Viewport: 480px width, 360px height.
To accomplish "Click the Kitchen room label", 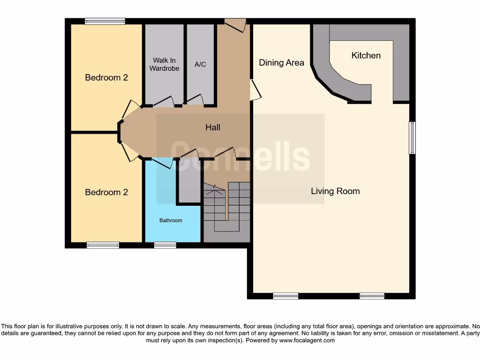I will coord(366,55).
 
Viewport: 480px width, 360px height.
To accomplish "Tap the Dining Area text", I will coord(281,62).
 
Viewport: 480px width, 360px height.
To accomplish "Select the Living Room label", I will coord(335,191).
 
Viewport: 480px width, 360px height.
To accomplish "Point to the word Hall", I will coord(212,127).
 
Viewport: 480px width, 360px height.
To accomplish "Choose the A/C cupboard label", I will coord(200,64).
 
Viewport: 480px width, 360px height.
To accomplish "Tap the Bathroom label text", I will coord(171,220).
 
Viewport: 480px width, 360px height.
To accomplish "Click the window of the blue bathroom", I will coord(165,245).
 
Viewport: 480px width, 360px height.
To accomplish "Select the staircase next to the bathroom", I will coord(227,211).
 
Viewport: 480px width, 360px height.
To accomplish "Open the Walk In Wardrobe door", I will coord(164,101).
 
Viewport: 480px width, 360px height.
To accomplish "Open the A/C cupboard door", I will coord(195,100).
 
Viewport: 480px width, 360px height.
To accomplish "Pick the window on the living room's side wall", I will coord(412,137).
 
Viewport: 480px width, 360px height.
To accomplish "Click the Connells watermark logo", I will coord(240,156).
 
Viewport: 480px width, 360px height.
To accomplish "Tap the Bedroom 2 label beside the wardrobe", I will coord(106,77).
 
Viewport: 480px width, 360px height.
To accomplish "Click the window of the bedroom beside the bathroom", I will coord(103,245).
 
